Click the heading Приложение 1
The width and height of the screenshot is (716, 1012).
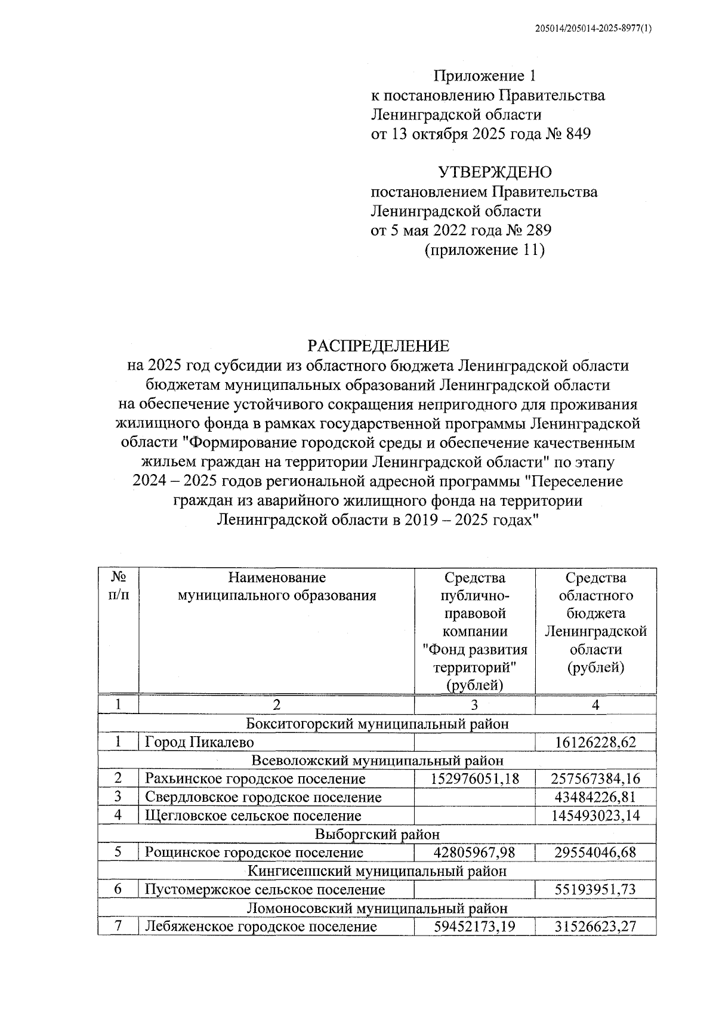click(x=484, y=76)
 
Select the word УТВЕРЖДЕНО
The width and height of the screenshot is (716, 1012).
click(x=495, y=173)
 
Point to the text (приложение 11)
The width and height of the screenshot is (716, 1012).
click(x=484, y=250)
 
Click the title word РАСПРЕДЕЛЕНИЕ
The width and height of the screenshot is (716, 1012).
click(x=378, y=346)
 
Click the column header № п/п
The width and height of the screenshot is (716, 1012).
click(x=118, y=586)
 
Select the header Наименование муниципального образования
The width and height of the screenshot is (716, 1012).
click(x=277, y=586)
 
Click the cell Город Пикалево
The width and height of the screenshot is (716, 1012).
click(x=199, y=742)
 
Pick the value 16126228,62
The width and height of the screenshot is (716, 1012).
click(x=595, y=742)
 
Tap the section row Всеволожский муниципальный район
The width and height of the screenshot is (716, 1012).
click(x=377, y=761)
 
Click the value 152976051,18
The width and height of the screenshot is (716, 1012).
click(x=474, y=779)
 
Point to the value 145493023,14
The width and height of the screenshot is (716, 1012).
click(x=595, y=816)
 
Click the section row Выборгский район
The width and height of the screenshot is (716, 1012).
click(x=377, y=834)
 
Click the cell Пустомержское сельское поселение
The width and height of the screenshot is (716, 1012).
click(x=265, y=890)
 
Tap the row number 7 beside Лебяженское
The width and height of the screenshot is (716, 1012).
click(x=118, y=926)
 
